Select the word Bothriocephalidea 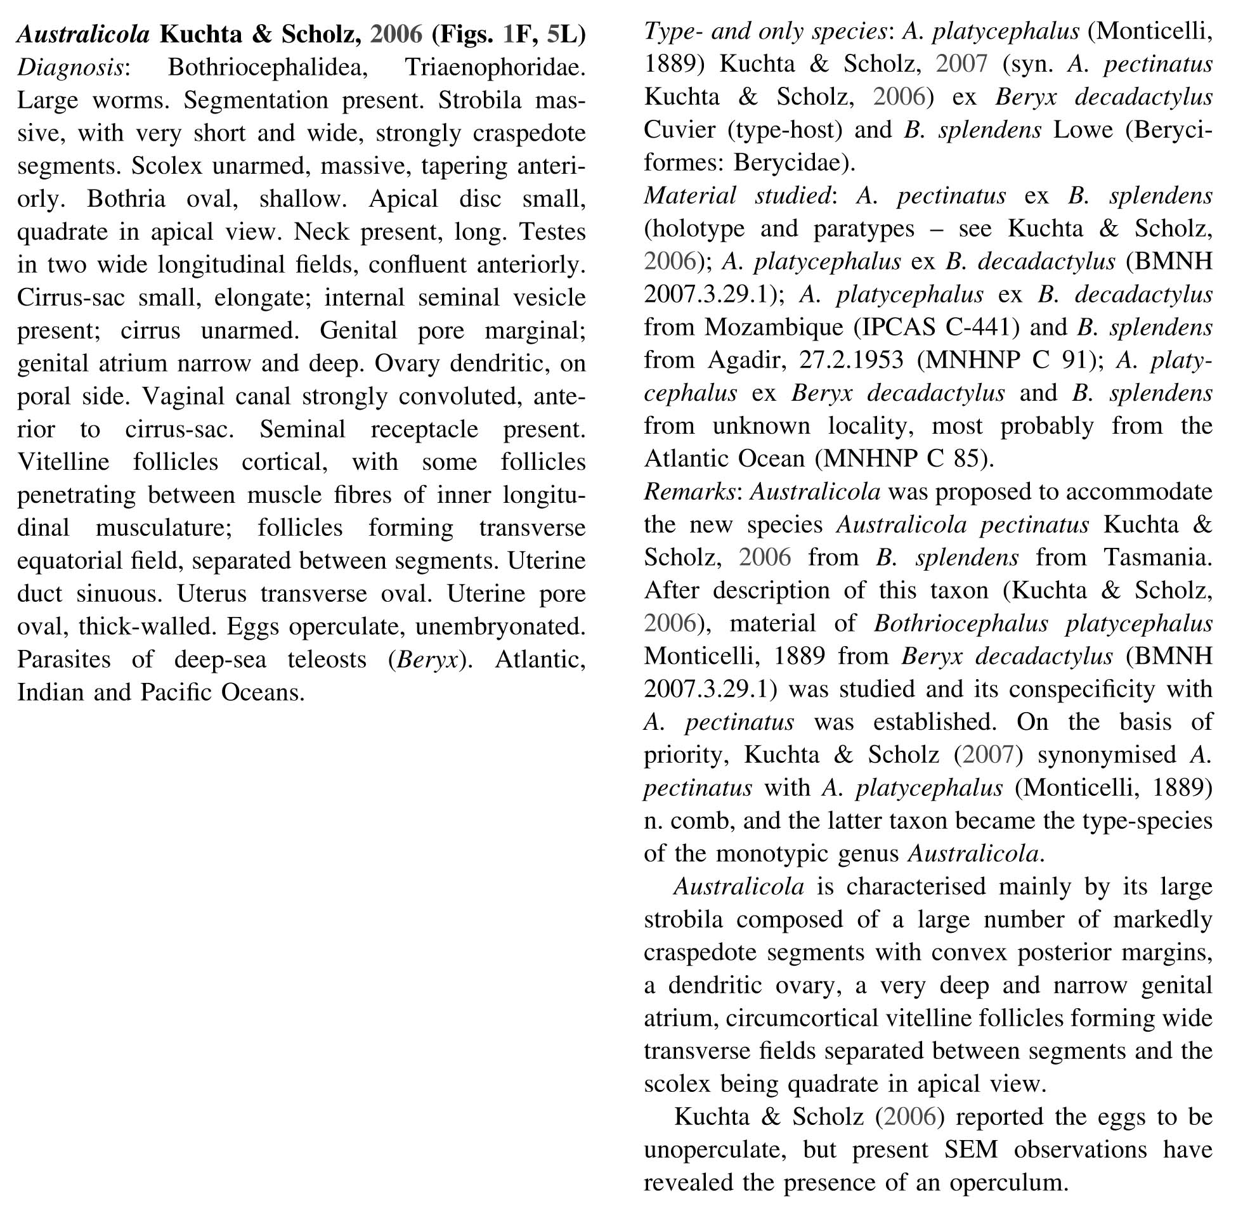click(268, 68)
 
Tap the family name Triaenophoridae click(495, 68)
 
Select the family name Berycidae click(788, 163)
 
